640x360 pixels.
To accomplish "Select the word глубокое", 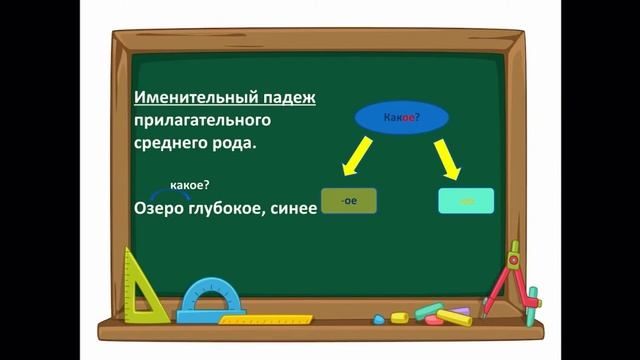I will [x=231, y=208].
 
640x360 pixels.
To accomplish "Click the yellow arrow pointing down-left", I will [x=357, y=157].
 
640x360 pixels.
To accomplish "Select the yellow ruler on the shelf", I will [x=266, y=320].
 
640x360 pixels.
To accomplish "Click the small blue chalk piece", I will [x=379, y=320].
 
